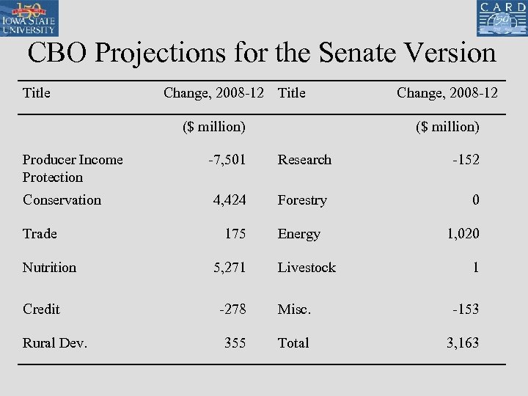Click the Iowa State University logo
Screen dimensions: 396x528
(x=30, y=18)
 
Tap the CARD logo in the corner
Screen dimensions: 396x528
(x=502, y=18)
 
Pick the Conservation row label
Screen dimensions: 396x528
(x=62, y=200)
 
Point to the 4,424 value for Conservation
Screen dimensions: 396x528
(x=230, y=200)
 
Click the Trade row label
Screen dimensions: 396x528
(x=40, y=234)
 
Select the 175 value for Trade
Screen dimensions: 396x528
(x=235, y=234)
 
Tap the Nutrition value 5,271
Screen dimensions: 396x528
(x=230, y=268)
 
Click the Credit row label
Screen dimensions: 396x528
(x=41, y=309)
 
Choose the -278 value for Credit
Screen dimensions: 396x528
(x=232, y=309)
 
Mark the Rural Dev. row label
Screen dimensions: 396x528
(x=55, y=343)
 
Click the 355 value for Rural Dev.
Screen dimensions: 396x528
(x=235, y=343)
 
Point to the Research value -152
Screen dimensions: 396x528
(x=466, y=160)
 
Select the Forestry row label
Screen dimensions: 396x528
(x=302, y=200)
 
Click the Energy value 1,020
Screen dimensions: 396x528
(x=463, y=234)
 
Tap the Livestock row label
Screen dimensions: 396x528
(x=307, y=268)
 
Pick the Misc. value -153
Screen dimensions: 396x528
(x=466, y=309)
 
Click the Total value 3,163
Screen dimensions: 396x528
(x=463, y=343)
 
